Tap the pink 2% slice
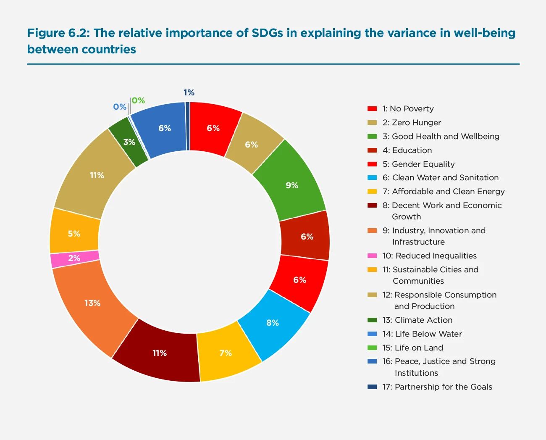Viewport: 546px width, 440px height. point(75,258)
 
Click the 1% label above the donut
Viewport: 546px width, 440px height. point(189,92)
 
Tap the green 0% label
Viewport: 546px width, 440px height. point(138,100)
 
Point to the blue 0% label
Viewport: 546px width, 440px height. point(120,107)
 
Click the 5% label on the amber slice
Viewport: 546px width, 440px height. point(74,234)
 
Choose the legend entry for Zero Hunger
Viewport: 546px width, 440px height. point(411,122)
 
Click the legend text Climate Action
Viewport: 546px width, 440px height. point(423,320)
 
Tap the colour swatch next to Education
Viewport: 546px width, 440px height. point(372,150)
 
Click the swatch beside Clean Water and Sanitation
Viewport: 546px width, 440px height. point(372,177)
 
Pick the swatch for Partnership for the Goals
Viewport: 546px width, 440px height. point(372,387)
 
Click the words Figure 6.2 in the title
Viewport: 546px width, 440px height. point(58,33)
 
